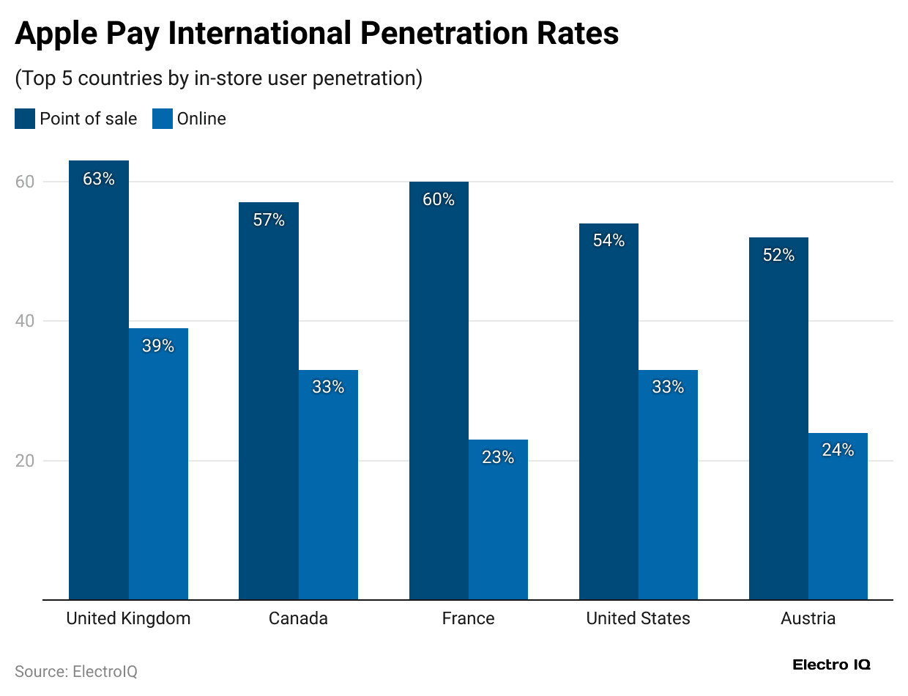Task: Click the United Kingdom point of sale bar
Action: pos(99,381)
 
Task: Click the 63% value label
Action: pos(99,179)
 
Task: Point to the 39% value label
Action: pos(158,346)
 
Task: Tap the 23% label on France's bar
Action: pos(498,457)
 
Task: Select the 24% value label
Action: pos(838,450)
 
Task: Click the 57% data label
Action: pos(269,220)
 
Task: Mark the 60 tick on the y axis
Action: pos(25,182)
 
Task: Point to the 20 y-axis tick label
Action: pos(25,461)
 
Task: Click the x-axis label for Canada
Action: pos(298,618)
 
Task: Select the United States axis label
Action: pos(638,618)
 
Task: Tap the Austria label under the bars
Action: pos(808,618)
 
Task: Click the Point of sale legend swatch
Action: pos(25,119)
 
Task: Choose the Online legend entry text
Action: pos(201,119)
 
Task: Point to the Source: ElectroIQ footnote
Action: pos(76,671)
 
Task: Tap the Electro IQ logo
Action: pos(831,665)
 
